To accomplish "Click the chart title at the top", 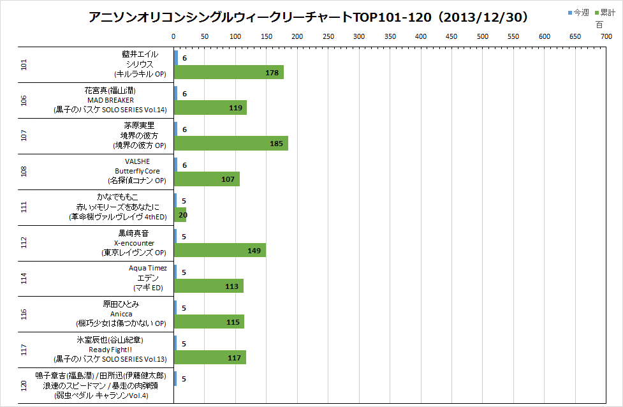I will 309,17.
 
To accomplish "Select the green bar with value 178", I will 228,73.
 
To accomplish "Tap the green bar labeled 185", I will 231,144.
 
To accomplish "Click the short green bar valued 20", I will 180,215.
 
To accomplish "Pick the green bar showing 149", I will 219,251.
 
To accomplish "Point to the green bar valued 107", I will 207,179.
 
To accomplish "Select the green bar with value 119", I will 210,108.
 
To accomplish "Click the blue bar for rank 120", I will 175,378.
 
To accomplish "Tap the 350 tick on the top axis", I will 390,37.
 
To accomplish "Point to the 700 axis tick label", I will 606,37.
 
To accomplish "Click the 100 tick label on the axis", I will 235,37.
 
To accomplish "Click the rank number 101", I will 24,64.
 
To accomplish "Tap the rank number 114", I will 24,278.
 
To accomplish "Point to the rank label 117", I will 24,350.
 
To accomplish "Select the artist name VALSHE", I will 137,161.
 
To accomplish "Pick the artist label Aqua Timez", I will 147,269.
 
